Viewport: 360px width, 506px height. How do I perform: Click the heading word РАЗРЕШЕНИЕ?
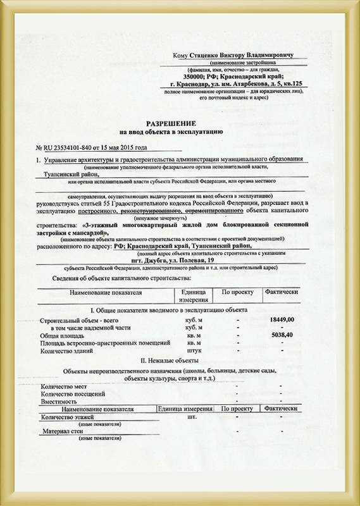tap(171, 122)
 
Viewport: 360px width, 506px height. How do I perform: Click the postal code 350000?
tap(204, 76)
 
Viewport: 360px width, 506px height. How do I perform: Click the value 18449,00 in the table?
tap(282, 321)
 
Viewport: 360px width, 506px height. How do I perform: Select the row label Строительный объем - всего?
tap(79, 321)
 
